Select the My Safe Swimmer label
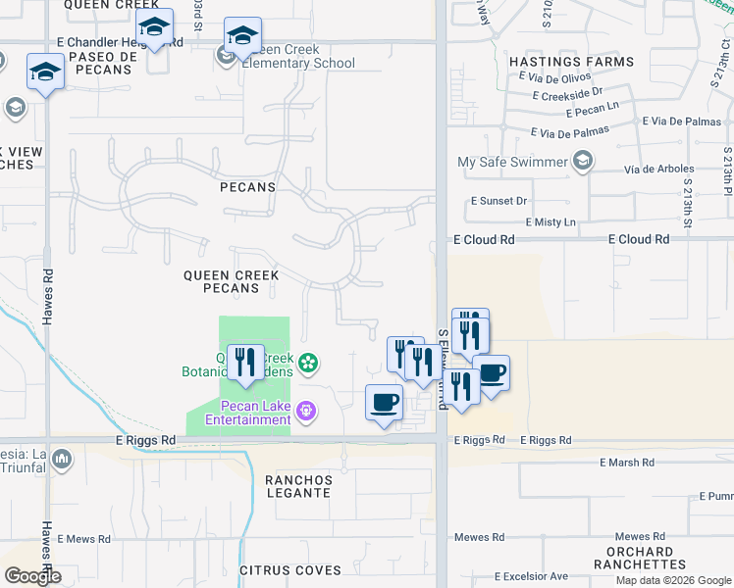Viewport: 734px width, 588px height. tap(512, 162)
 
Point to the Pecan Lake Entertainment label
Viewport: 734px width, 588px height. tap(247, 413)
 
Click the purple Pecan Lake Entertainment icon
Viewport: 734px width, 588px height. tap(307, 410)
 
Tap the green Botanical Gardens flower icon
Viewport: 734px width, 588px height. tap(308, 365)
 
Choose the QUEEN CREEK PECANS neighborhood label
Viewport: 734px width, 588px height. tap(232, 282)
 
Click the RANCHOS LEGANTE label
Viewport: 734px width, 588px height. tap(298, 486)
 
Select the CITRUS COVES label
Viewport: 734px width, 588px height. tap(290, 570)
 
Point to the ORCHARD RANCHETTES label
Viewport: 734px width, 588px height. tap(633, 558)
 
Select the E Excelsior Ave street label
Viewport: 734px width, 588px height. tap(531, 576)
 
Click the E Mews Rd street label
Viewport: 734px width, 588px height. tap(88, 539)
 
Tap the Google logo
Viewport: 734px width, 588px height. tap(32, 576)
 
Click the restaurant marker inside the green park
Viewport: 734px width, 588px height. tap(245, 362)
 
